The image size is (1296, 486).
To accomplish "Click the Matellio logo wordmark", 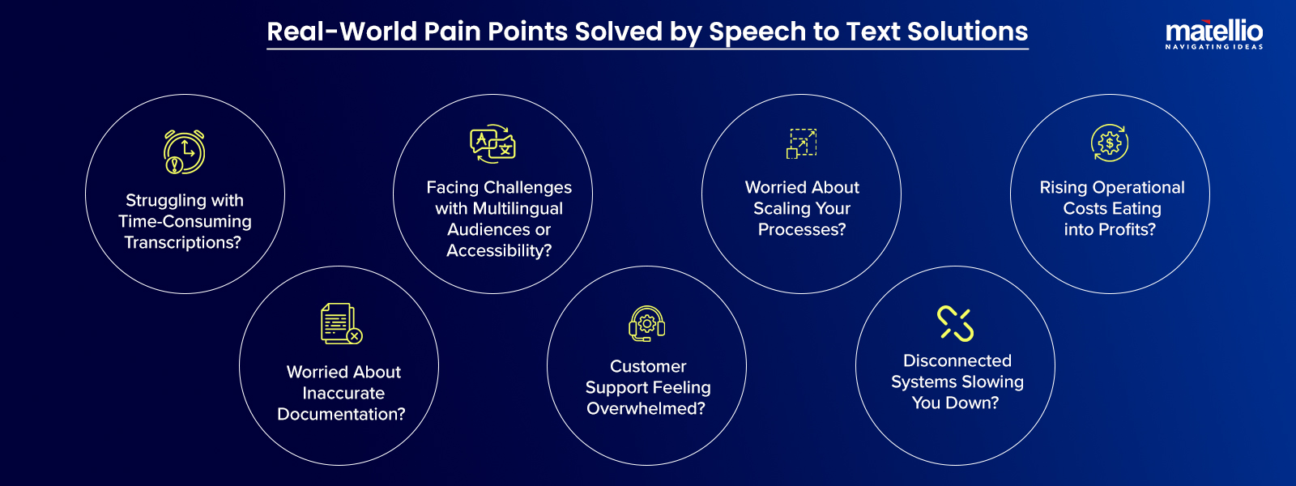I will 1213,32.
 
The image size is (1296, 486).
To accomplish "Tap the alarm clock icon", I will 185,151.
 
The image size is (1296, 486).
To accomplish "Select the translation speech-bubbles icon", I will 493,144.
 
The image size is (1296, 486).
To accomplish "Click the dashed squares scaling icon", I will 802,143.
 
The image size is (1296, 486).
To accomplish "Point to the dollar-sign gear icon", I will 1110,143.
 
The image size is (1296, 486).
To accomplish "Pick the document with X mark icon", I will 341,323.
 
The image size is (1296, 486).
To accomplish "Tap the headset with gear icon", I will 647,323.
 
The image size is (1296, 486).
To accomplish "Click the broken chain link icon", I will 956,323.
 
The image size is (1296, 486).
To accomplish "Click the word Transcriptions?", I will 183,243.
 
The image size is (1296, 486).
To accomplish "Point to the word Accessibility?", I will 499,251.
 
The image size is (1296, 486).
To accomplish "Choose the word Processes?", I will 802,230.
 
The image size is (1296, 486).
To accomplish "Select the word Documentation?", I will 341,415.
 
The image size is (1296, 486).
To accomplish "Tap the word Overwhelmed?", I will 646,409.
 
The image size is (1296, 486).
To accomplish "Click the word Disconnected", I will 957,361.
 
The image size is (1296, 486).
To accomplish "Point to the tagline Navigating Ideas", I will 1213,47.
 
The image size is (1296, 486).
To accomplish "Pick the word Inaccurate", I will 343,394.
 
